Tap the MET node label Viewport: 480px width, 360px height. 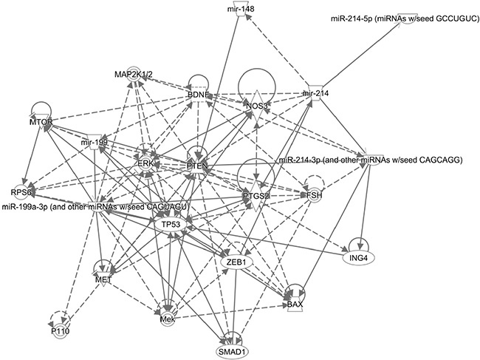103,279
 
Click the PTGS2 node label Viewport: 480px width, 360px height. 256,195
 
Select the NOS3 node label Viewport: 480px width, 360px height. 257,106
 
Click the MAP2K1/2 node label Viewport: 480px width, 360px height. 133,75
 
